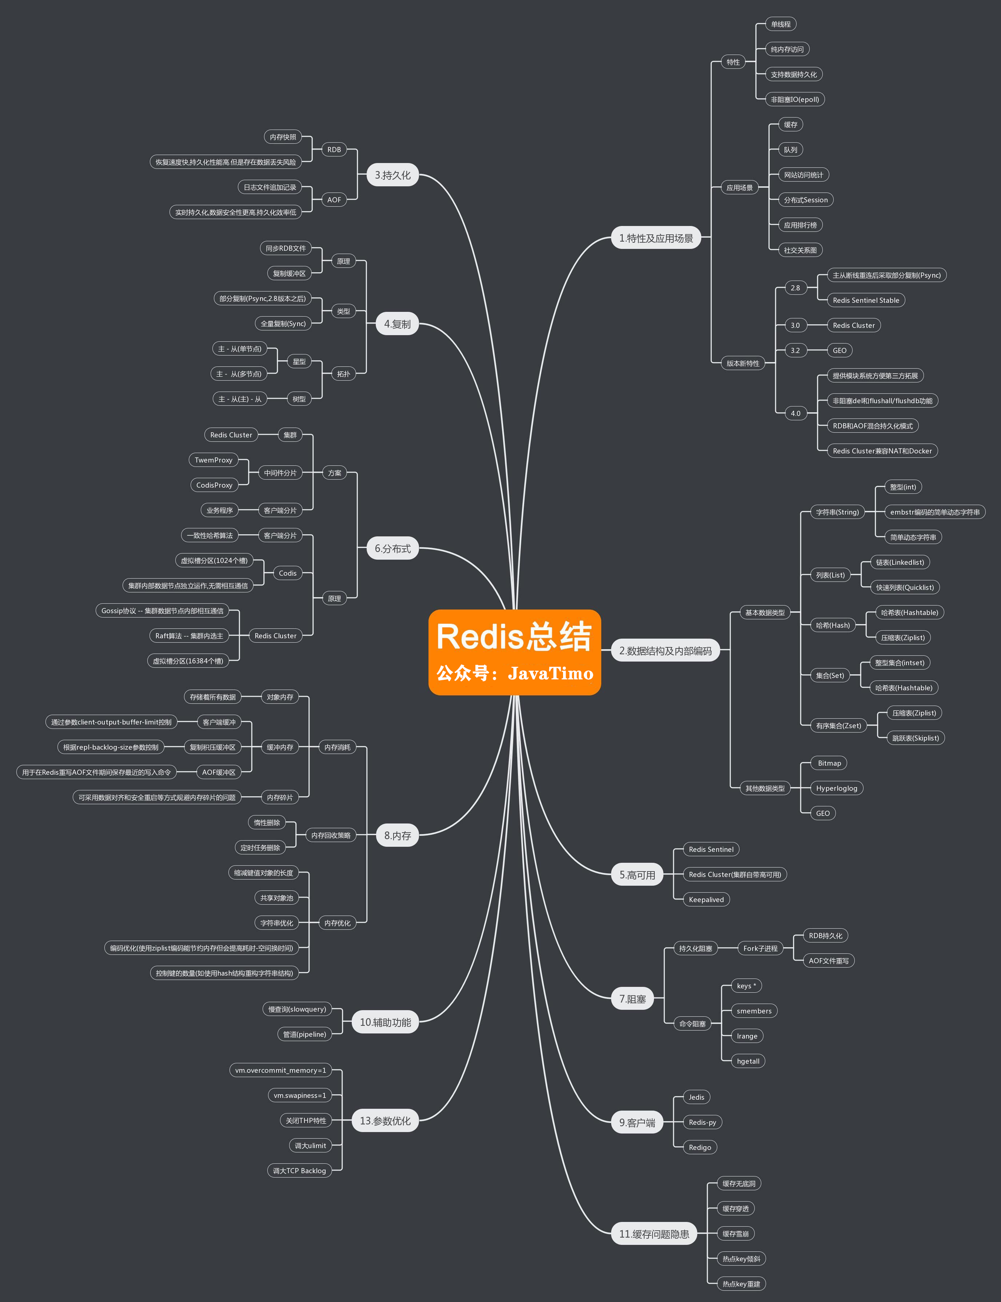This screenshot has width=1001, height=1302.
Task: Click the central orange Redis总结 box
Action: coord(514,652)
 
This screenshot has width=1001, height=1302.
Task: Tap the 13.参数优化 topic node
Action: coord(385,1121)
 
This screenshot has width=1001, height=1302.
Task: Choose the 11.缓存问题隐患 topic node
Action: coord(654,1234)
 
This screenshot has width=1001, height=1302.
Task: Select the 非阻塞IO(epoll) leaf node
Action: coord(794,100)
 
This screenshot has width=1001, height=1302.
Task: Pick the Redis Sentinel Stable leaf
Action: coord(865,301)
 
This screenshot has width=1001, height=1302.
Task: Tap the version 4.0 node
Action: coord(795,413)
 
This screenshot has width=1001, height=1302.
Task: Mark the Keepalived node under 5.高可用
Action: coord(706,900)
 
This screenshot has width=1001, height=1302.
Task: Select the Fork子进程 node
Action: coord(760,949)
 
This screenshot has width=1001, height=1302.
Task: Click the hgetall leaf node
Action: coord(748,1061)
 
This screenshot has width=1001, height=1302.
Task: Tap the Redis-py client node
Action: coord(702,1122)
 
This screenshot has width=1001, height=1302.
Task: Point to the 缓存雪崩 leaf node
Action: coord(735,1234)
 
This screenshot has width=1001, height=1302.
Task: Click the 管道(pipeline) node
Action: coord(304,1034)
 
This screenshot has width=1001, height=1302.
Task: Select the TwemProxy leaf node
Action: coord(213,460)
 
